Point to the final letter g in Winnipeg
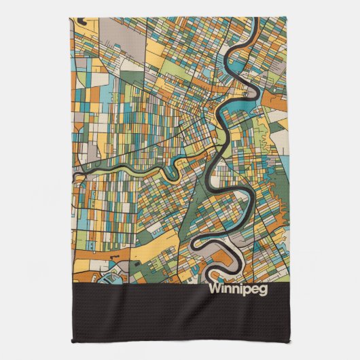click(x=263, y=289)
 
